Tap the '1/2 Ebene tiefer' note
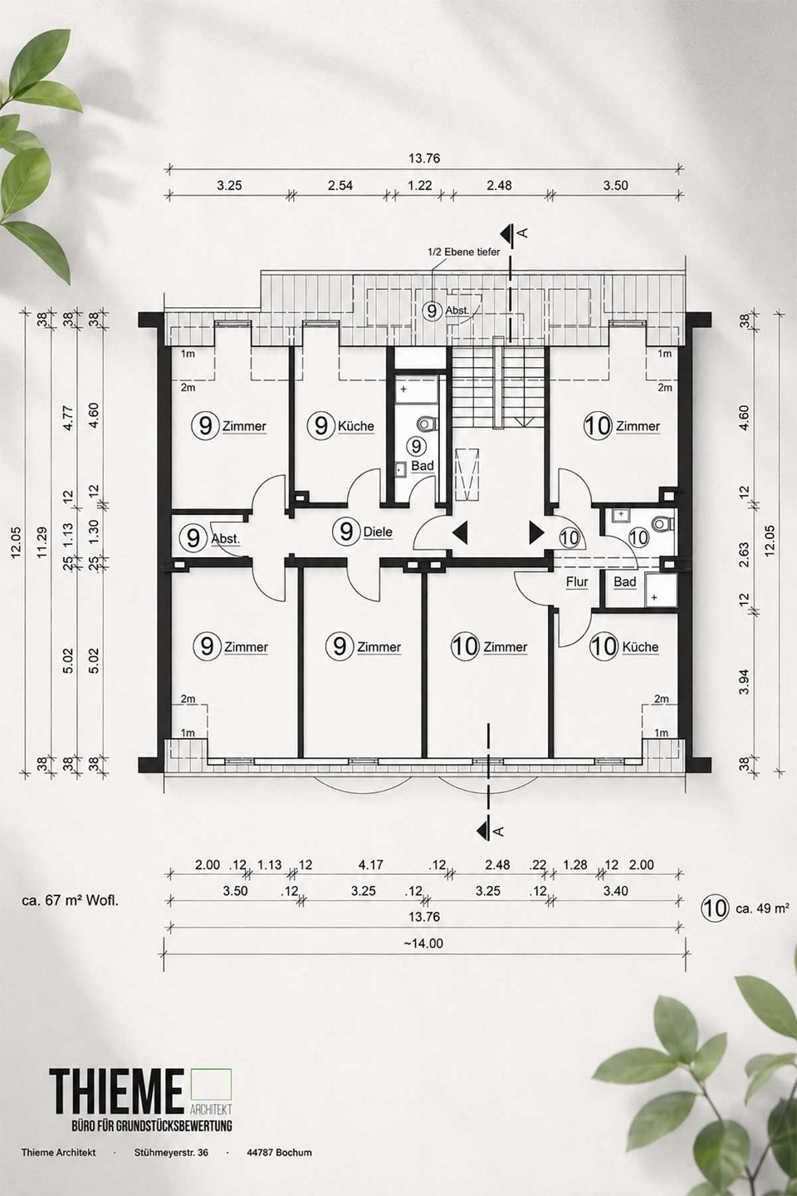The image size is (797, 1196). point(463,252)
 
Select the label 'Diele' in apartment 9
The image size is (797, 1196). point(378,532)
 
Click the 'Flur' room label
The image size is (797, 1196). point(576,582)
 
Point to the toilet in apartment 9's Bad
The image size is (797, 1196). point(428,424)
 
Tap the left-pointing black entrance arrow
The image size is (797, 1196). point(460,533)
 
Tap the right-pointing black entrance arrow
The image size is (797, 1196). point(536,533)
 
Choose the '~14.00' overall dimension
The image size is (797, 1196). point(423,944)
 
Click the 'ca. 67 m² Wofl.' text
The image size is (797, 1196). point(71,900)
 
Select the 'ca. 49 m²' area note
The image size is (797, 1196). point(762,908)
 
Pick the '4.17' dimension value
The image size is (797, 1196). point(370,865)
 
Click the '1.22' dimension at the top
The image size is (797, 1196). point(419,185)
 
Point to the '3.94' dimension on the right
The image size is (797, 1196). point(745,682)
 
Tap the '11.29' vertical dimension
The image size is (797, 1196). point(42,542)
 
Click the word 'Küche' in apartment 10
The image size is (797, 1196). point(640,647)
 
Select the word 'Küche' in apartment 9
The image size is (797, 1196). point(355,426)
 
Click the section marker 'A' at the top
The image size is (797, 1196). point(524,233)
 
